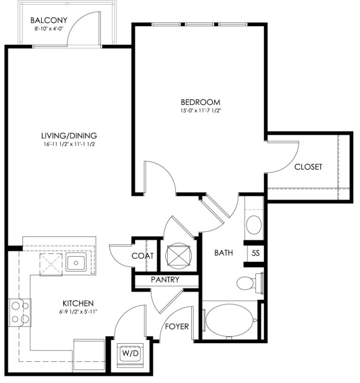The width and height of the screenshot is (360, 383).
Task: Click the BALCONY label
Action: (x=49, y=20)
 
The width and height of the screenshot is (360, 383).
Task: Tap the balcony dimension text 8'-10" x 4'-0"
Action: (x=49, y=29)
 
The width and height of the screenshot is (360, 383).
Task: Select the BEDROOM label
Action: (x=200, y=102)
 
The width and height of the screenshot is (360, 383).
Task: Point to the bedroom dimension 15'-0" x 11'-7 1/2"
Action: (x=200, y=111)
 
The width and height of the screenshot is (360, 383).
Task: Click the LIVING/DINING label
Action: (x=69, y=135)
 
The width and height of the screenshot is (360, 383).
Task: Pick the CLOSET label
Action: (x=308, y=167)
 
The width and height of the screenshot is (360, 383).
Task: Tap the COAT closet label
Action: (x=142, y=256)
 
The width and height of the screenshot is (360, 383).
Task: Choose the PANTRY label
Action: (x=165, y=280)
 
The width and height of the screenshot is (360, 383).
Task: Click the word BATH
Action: (x=223, y=253)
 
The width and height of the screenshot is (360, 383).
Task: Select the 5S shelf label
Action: (x=255, y=253)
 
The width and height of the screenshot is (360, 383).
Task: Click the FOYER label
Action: (x=177, y=327)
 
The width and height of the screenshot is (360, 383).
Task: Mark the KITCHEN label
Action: (x=78, y=304)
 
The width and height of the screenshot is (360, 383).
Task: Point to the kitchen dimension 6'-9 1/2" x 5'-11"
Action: (x=78, y=312)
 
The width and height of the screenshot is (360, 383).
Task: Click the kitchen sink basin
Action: (x=76, y=262)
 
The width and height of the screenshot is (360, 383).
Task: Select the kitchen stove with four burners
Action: (x=20, y=313)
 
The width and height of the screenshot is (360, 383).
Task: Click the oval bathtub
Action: (x=230, y=320)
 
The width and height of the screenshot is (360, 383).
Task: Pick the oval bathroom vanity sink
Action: (x=254, y=225)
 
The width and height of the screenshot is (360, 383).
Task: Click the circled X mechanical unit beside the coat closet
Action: (x=178, y=256)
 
